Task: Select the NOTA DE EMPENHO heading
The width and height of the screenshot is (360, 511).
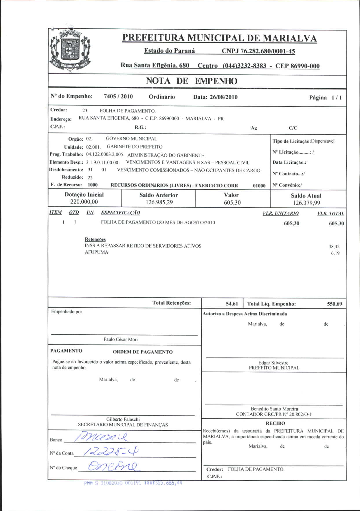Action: point(192,81)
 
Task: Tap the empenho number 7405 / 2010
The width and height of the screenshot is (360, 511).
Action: point(118,96)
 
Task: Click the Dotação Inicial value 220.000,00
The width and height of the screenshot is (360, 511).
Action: point(84,202)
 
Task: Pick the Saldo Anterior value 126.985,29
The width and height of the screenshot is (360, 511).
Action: point(159,202)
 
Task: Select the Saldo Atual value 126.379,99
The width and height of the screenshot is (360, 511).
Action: point(306,203)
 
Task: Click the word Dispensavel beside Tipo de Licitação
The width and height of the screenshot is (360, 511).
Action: point(323,141)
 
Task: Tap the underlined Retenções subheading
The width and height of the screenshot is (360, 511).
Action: point(95,239)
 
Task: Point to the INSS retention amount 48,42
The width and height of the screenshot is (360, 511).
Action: point(334,247)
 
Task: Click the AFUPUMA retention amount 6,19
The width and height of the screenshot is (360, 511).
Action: point(335,253)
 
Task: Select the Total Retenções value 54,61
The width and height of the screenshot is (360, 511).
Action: point(232,304)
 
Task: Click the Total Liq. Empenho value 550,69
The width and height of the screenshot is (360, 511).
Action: point(335,304)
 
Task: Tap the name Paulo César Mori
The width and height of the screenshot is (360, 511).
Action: point(121,339)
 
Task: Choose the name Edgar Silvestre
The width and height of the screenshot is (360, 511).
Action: point(273,363)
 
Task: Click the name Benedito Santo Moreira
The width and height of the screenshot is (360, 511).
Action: point(274,409)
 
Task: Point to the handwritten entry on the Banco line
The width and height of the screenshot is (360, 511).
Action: point(101,437)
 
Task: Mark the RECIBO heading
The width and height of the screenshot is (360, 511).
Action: point(275,423)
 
